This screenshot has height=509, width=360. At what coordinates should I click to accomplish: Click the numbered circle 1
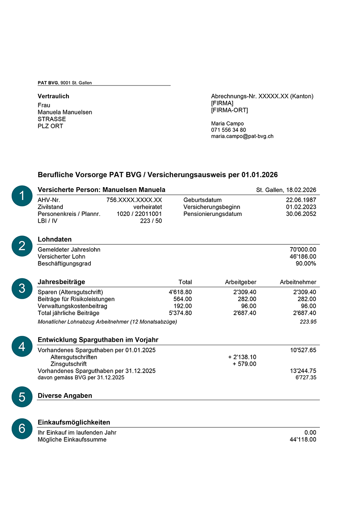(22, 196)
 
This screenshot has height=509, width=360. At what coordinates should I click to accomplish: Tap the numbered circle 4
(22, 346)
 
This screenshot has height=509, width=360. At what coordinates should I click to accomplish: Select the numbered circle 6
(22, 429)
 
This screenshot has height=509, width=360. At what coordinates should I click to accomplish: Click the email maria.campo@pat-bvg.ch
(242, 136)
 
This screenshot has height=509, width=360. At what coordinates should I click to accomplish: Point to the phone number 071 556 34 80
(228, 130)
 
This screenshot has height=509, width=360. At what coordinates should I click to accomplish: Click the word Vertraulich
(53, 96)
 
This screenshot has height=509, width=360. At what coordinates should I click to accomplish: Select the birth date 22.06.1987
(301, 200)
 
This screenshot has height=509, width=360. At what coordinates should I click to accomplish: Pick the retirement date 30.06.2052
(301, 214)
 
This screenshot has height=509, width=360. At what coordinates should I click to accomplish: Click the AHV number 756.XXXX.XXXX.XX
(134, 200)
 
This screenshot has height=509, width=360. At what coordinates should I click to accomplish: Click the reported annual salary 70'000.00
(303, 250)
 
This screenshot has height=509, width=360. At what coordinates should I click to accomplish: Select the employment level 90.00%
(306, 263)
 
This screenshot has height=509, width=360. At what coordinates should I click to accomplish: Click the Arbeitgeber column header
(240, 282)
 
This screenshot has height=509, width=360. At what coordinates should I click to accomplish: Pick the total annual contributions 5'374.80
(180, 313)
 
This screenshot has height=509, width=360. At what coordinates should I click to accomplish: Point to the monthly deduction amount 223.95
(308, 322)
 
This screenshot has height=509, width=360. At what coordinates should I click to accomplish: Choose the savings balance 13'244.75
(303, 371)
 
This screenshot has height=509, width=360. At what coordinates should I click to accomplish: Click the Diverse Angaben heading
(65, 395)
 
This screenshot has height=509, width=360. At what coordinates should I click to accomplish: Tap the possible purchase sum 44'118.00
(303, 439)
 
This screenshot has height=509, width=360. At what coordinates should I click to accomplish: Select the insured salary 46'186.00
(303, 257)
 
